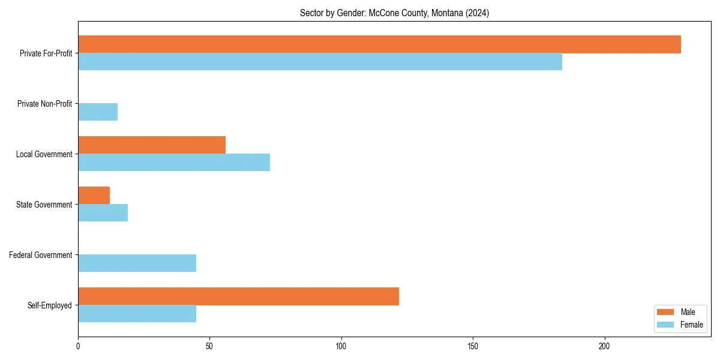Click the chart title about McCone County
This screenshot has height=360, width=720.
pos(394,13)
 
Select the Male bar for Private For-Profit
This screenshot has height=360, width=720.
pos(379,44)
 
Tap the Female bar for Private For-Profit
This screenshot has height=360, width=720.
pos(320,62)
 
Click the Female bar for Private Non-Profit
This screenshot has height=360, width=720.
pos(98,112)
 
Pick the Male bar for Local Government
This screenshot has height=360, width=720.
pos(152,145)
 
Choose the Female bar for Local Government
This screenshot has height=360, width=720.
pos(174,163)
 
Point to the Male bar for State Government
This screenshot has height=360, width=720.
pos(94,196)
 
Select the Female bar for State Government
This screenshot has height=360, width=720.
pos(103,213)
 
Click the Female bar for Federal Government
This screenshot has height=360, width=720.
pos(137,263)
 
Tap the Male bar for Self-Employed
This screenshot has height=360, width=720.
pos(238,296)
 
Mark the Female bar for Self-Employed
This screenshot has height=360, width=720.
pos(137,314)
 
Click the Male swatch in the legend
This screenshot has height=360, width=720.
pos(666,312)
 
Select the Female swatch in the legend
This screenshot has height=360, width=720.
pos(666,325)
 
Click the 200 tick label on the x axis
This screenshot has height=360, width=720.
pos(604,346)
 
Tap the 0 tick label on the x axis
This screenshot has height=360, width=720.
pos(78,346)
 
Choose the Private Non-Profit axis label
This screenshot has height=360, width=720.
pos(44,104)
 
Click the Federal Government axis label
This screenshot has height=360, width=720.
pos(41,255)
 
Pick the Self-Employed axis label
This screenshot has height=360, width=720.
pos(50,305)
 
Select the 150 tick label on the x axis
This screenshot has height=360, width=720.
pos(473,346)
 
